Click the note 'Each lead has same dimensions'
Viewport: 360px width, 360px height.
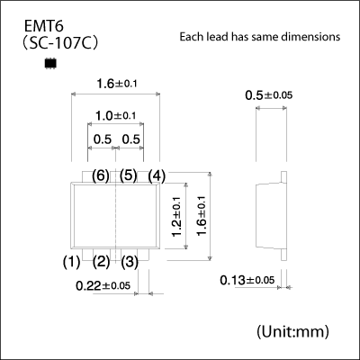point(259,38)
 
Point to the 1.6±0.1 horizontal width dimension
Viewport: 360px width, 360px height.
point(116,84)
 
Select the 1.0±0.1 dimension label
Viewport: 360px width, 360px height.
point(116,116)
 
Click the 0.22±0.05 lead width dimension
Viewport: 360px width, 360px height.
point(104,285)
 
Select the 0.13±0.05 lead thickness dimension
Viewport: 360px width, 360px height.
point(247,281)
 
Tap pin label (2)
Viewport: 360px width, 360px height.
point(101,262)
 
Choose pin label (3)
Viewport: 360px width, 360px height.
point(130,262)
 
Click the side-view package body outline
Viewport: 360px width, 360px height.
point(270,215)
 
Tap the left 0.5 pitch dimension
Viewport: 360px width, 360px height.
point(102,139)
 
